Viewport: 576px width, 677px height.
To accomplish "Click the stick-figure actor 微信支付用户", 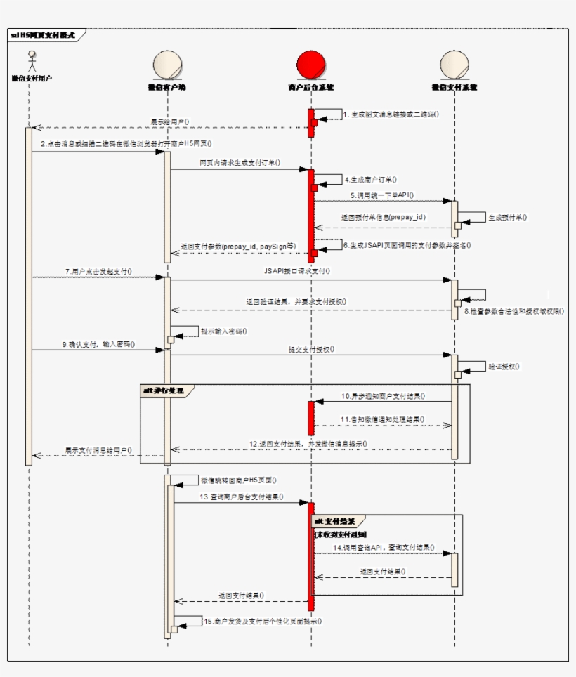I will (x=31, y=60).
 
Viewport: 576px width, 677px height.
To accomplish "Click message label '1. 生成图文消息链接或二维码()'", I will (x=391, y=114).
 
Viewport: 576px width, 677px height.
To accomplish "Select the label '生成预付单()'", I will (x=508, y=218).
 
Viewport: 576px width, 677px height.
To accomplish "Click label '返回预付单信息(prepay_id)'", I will (x=383, y=218).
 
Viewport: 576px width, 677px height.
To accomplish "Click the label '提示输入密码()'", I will (x=224, y=331).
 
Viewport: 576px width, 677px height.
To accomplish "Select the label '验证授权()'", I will (x=504, y=367).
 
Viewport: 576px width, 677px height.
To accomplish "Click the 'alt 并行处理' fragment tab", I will (x=163, y=389).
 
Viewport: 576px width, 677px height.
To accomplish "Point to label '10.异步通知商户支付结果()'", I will (x=383, y=396).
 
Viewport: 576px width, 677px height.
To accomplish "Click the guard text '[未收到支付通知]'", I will (x=341, y=534).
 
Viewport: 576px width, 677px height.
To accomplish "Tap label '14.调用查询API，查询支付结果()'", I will (x=384, y=547).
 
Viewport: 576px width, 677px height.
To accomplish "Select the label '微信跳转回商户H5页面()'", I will (x=238, y=480).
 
